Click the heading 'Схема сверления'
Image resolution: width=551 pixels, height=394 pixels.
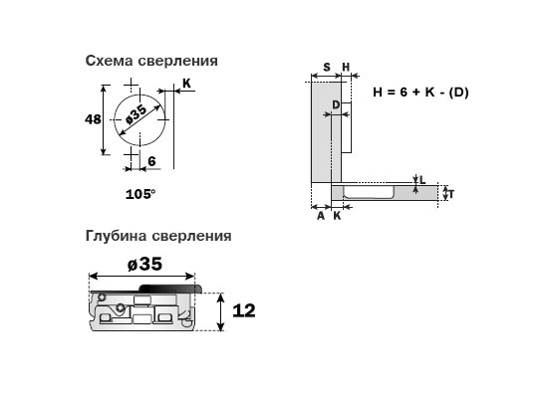point(151,61)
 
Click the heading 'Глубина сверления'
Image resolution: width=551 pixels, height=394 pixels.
point(158,236)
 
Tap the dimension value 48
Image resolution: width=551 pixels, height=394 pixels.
point(93,119)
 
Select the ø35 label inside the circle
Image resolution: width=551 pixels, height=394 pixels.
point(136,115)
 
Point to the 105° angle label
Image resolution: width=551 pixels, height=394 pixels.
point(139,194)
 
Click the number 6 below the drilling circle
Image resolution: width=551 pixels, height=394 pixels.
point(151,161)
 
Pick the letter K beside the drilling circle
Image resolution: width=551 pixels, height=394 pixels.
point(186,84)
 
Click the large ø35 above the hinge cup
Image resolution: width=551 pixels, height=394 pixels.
point(144,264)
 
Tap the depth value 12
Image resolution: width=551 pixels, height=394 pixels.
point(244,310)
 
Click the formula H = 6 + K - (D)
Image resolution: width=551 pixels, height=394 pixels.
point(420,93)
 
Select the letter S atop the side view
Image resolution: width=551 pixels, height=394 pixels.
point(327,67)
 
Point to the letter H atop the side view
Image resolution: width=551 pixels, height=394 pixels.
point(346,67)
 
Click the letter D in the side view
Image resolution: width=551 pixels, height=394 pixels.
point(336,104)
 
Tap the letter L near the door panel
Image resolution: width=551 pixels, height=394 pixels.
point(422,180)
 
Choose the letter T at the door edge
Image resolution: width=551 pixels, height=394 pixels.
point(451,194)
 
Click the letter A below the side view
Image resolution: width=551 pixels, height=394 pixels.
point(321,216)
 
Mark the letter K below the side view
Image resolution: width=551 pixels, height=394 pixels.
point(337,216)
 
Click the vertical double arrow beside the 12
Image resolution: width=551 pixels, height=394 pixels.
point(220,311)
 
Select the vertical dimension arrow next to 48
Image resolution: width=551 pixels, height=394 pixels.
point(104,119)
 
